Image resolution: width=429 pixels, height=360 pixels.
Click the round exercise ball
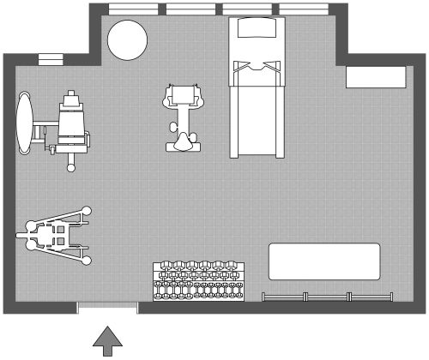[x=126, y=39]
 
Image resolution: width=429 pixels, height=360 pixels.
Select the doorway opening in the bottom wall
[x=108, y=307]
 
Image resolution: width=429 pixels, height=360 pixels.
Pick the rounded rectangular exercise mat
[x=324, y=261]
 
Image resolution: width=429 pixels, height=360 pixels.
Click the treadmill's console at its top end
[x=257, y=28]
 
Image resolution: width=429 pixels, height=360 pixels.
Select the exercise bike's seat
[x=184, y=141]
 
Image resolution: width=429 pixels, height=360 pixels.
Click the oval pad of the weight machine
[x=26, y=123]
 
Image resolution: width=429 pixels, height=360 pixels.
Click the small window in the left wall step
[x=51, y=60]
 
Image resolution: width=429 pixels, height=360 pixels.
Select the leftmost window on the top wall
[x=135, y=9]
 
